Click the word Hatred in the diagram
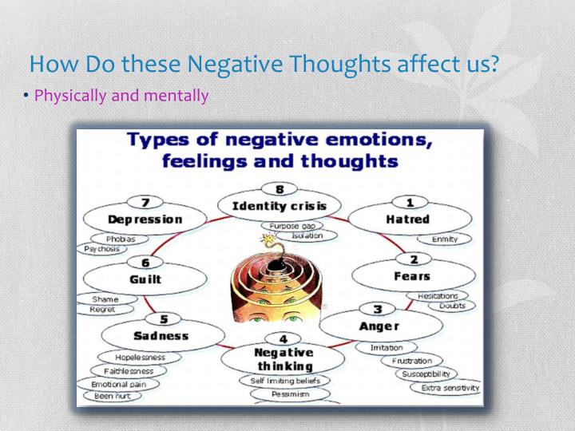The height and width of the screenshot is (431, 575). (408, 219)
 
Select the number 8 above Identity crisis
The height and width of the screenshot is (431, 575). (279, 189)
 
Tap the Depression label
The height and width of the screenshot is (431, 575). (145, 219)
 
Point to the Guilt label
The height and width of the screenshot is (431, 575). (145, 279)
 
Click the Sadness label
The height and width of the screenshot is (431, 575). (161, 335)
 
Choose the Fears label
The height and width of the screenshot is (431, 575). (411, 276)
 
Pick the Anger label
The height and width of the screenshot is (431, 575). (379, 326)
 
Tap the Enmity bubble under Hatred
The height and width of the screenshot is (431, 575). (444, 239)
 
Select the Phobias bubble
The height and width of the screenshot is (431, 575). (121, 239)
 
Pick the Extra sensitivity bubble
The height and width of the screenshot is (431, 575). (451, 388)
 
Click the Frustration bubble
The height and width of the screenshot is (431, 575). (411, 361)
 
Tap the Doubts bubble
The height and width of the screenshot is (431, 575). (452, 306)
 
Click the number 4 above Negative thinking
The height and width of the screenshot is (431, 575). (283, 338)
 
